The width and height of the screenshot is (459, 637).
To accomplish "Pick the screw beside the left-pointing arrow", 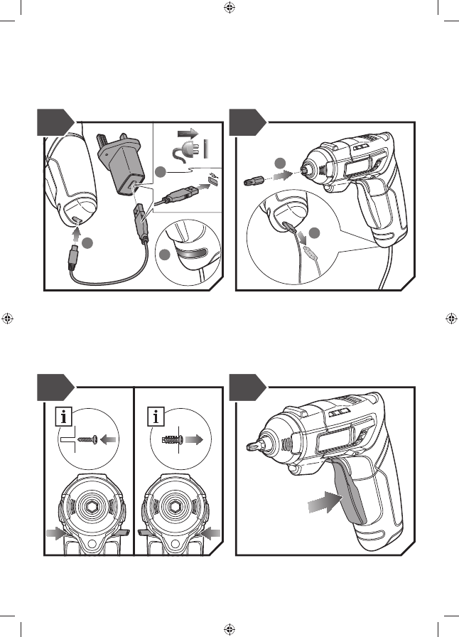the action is (86, 440).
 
